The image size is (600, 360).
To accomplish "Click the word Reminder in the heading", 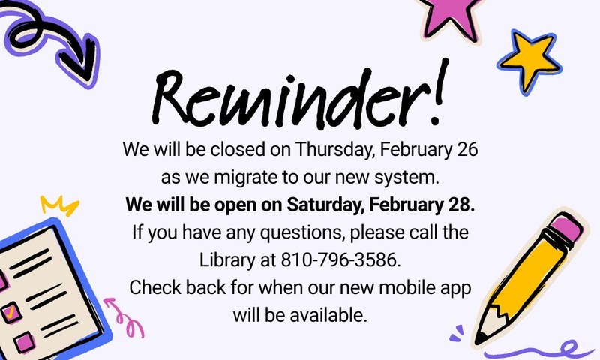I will [x=285, y=100].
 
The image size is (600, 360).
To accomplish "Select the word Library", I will [x=227, y=259].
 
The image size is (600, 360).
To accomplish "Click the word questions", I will [x=284, y=232].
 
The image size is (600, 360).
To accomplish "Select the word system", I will [x=426, y=178].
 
